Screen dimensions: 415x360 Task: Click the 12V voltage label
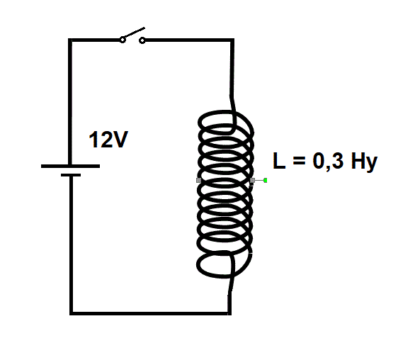(x=108, y=140)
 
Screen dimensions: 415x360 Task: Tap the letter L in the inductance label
(x=279, y=161)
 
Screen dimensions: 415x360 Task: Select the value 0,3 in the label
(x=328, y=162)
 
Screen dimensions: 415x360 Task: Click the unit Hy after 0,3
(x=364, y=162)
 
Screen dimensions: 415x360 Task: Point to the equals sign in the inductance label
(x=299, y=161)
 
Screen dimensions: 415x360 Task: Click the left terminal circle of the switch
(x=123, y=40)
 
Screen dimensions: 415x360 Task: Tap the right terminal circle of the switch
(x=142, y=40)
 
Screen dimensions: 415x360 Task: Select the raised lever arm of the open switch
(x=133, y=33)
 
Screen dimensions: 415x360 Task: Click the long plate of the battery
(x=70, y=166)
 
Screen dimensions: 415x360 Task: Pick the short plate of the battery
(x=71, y=175)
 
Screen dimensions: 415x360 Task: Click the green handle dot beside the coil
(x=265, y=181)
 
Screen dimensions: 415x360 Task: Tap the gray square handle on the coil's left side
(x=198, y=181)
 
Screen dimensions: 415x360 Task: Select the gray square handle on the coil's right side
(x=252, y=181)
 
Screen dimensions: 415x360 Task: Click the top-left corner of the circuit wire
(x=70, y=40)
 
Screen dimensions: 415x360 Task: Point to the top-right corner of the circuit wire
(x=232, y=40)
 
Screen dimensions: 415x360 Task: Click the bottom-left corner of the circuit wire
(x=71, y=313)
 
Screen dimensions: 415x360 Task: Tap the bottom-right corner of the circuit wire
(x=229, y=313)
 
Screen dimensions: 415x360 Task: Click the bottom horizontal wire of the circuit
(x=150, y=313)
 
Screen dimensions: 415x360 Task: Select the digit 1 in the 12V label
(x=93, y=140)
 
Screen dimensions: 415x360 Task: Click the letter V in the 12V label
(x=120, y=140)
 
